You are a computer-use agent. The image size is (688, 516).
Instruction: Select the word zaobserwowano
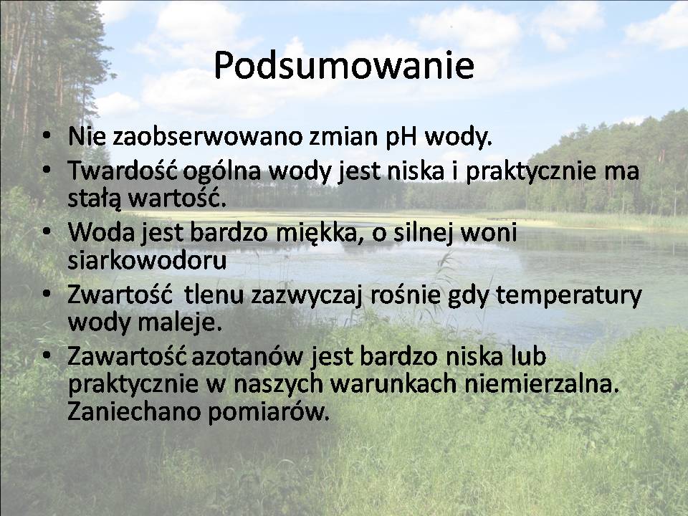point(208,136)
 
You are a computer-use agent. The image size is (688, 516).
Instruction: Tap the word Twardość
point(123,171)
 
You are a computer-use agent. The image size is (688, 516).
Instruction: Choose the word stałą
point(95,199)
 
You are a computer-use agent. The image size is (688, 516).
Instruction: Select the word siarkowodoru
point(147,259)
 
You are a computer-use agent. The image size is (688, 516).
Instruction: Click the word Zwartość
point(120,295)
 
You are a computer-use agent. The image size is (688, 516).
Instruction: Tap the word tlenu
point(214,295)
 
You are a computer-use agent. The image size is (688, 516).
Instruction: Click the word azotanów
point(247,356)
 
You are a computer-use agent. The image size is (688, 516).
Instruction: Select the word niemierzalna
point(542,383)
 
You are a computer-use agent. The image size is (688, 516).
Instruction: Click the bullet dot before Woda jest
point(47,231)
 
